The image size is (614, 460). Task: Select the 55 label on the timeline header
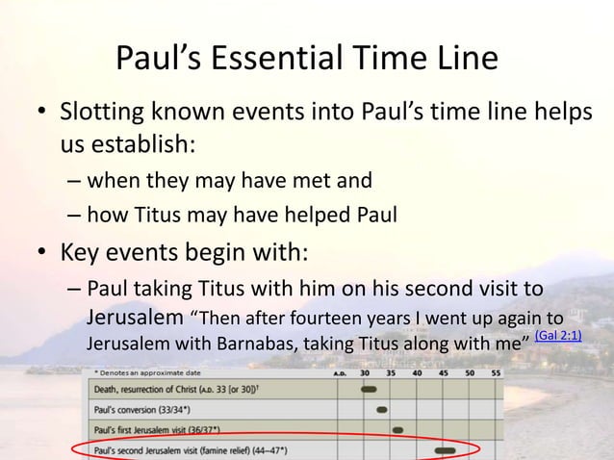click(x=495, y=372)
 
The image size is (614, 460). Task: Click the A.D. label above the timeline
click(x=339, y=372)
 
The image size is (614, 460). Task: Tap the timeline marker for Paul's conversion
click(x=382, y=409)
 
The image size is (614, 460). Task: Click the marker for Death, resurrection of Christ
click(x=369, y=390)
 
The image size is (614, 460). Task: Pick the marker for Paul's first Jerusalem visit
click(x=397, y=429)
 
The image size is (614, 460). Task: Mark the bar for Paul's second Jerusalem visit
click(x=445, y=449)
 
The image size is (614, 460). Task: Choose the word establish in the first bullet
click(x=144, y=145)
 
